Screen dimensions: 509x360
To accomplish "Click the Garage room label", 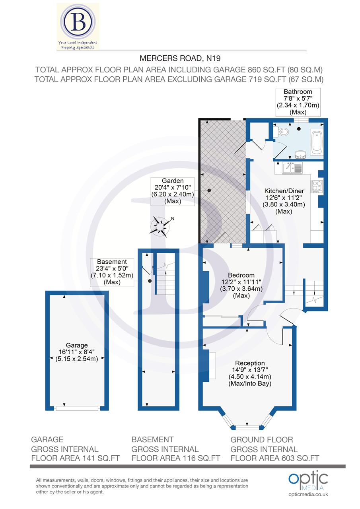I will click(x=77, y=345).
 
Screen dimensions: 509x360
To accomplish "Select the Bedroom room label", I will click(x=241, y=275).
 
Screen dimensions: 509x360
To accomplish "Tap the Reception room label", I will click(x=250, y=363).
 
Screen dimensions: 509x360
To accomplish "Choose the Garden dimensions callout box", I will click(x=172, y=191).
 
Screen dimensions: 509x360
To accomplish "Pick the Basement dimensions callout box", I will click(x=112, y=272).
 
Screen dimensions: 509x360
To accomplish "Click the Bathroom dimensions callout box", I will click(x=298, y=101).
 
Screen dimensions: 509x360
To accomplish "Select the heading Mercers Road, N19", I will click(x=180, y=58).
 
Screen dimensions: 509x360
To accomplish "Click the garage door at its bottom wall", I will click(x=77, y=408).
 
